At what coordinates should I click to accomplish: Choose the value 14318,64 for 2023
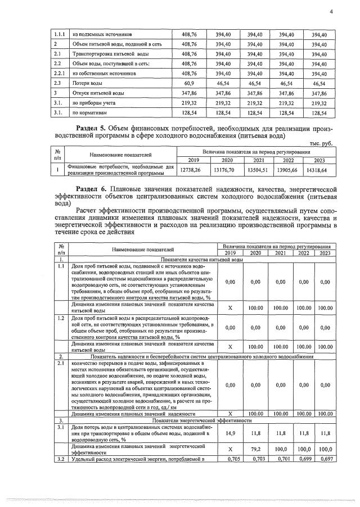(320, 169)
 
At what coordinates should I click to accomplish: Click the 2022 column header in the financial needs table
(289, 160)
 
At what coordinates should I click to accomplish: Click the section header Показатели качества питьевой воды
(202, 260)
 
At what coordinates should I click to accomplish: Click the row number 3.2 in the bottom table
(60, 460)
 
